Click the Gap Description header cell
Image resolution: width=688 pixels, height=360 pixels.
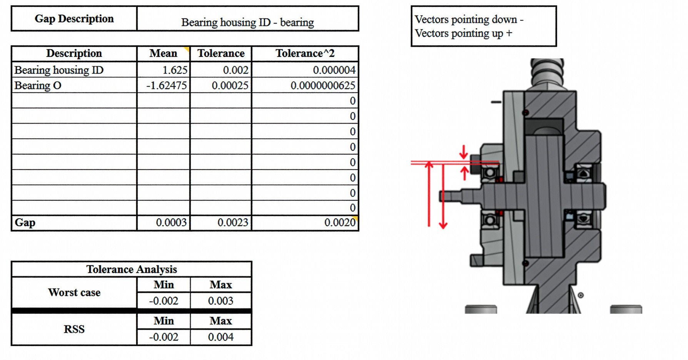(74, 19)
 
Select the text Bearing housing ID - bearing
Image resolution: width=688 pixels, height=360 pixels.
(247, 22)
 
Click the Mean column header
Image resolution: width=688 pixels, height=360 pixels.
(164, 53)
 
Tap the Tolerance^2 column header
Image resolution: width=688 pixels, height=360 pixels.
(305, 53)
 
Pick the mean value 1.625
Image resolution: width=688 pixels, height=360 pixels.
(175, 70)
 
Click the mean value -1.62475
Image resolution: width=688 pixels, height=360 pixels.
(167, 85)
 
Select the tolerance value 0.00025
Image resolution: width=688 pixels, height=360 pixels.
(230, 85)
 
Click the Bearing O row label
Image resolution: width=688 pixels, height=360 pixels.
(38, 85)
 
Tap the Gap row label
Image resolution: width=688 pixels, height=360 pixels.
(25, 223)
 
